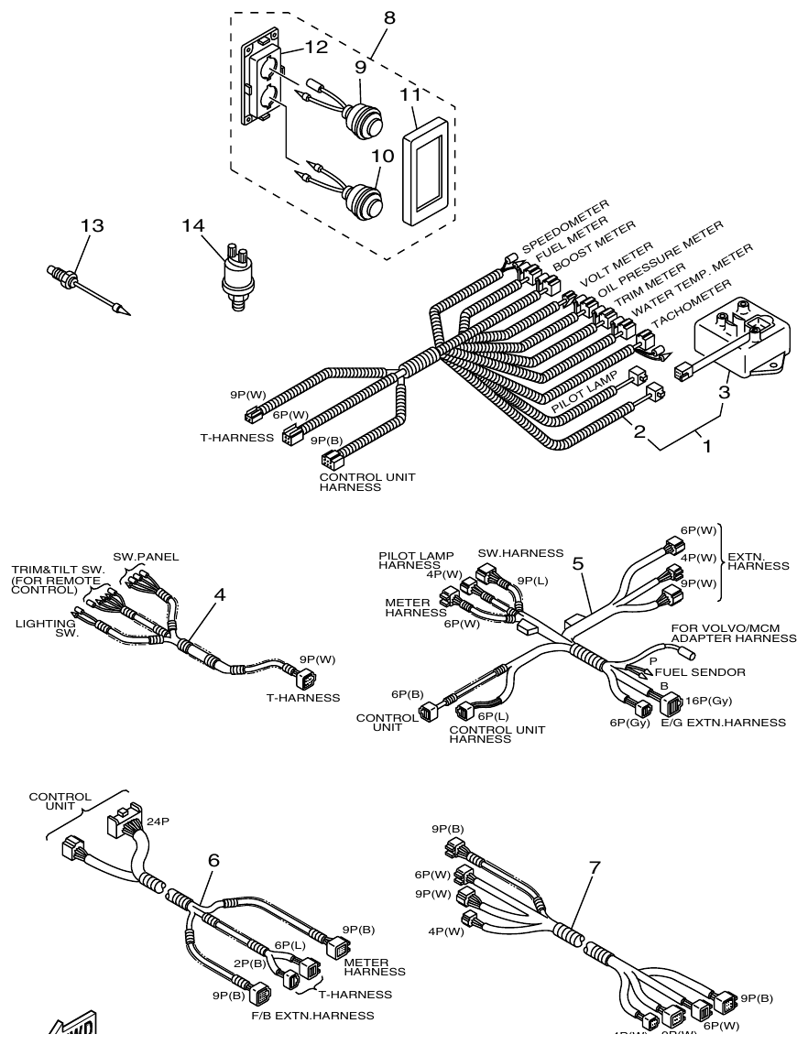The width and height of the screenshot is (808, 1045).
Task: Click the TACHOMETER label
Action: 694,303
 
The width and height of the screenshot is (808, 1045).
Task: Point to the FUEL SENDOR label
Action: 700,671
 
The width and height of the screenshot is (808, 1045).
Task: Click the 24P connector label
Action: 158,822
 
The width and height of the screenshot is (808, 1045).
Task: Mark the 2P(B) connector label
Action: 248,963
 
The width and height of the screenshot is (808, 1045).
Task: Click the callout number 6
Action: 213,860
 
